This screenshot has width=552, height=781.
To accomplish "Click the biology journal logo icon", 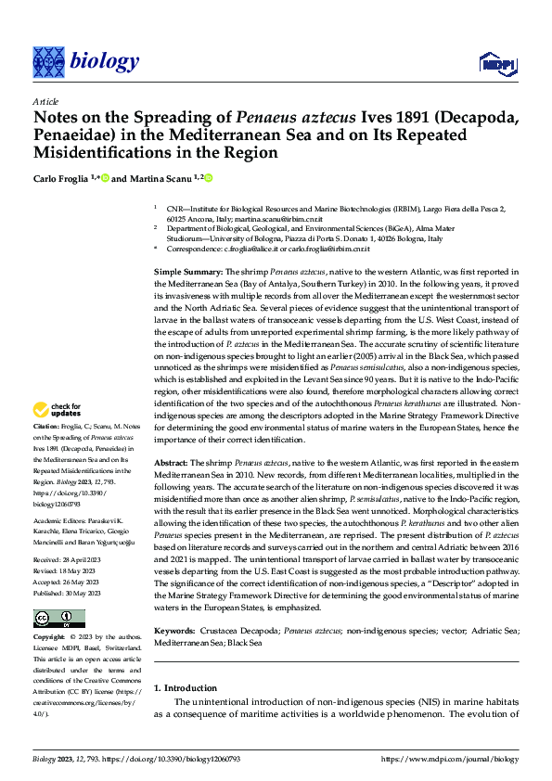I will (47, 61).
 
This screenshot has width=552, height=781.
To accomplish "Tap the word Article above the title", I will (45, 102).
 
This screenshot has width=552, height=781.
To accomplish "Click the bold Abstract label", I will (173, 462).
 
